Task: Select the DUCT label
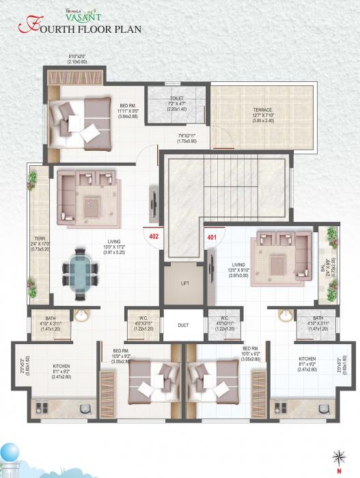tap(183, 326)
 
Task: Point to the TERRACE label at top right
tap(263, 109)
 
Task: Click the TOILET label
tap(176, 98)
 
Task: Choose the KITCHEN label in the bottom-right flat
tap(307, 358)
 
